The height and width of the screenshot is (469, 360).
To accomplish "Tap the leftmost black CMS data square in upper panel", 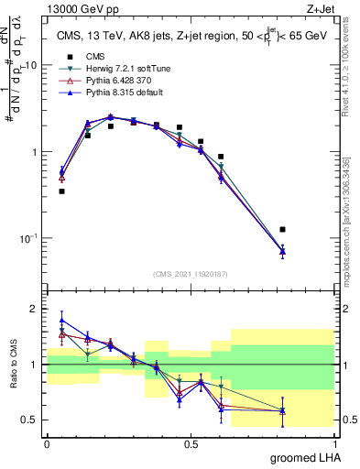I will point(61,191).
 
